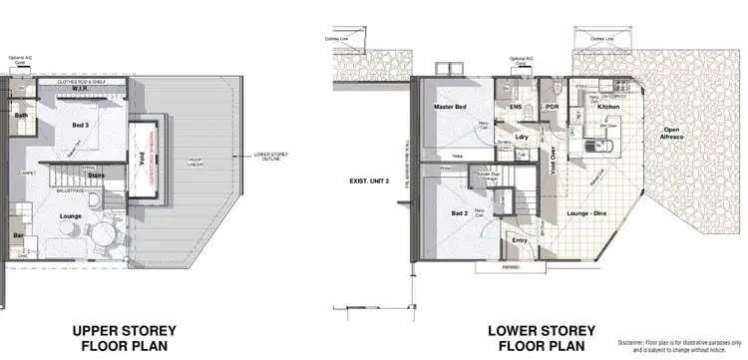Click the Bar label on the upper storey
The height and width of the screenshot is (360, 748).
(x=16, y=236)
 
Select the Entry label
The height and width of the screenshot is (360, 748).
(x=520, y=240)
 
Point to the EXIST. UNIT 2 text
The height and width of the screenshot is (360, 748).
(x=367, y=181)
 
